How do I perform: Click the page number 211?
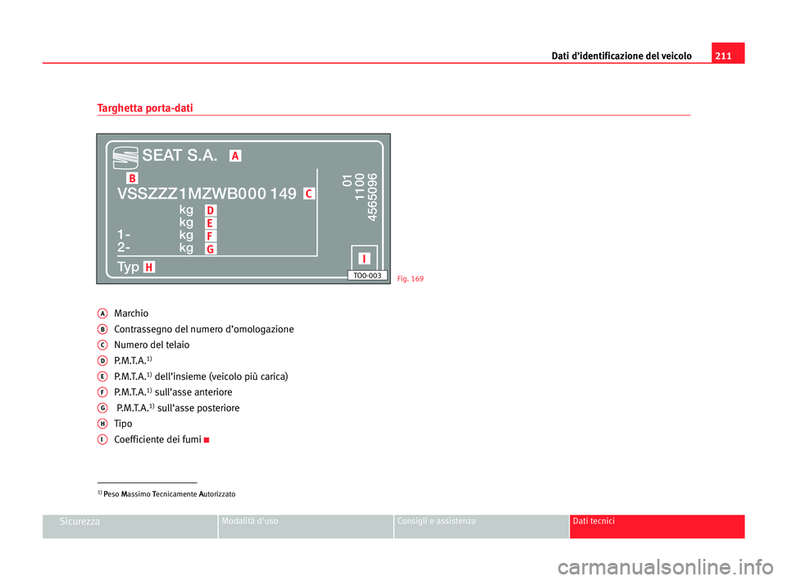pos(723,56)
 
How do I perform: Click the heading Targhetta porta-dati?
pos(145,108)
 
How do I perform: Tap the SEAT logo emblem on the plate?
pos(125,158)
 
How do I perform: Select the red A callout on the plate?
pos(235,156)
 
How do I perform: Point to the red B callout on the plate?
pos(132,178)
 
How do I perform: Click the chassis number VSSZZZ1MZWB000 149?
pos(207,194)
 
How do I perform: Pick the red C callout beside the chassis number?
pos(309,194)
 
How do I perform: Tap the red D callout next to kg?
pos(211,210)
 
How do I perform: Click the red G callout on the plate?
pos(211,249)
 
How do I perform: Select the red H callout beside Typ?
pos(149,268)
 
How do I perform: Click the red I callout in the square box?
pos(364,258)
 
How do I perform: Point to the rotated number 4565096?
pos(372,197)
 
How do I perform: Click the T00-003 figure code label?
pos(367,276)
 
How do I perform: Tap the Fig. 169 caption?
pos(411,279)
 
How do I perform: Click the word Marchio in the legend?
pos(131,313)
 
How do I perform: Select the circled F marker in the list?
pos(102,392)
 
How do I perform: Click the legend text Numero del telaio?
pos(152,345)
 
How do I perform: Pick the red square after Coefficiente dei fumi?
pos(207,441)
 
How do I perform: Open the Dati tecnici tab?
pos(657,526)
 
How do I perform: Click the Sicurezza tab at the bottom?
pos(130,526)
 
